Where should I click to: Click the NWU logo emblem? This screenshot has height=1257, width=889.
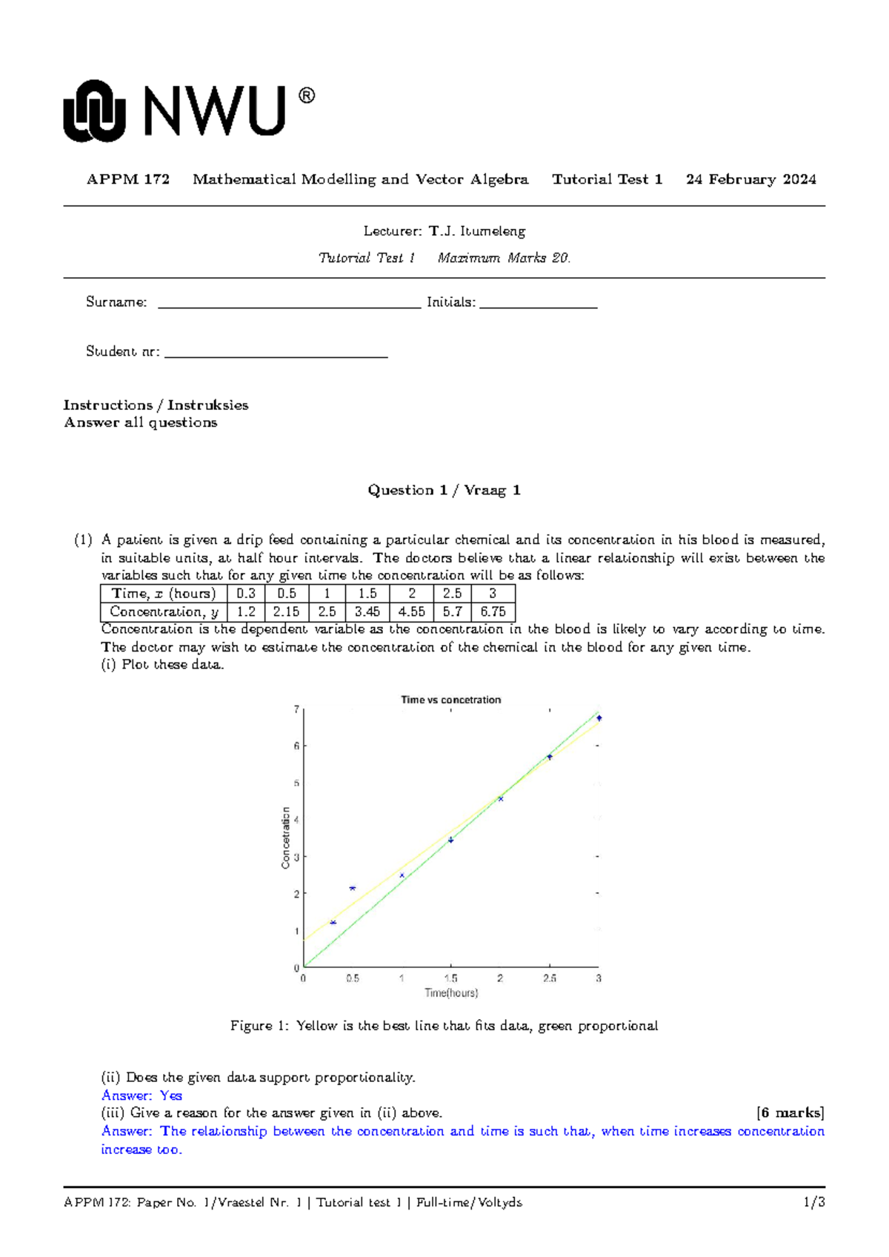(x=94, y=111)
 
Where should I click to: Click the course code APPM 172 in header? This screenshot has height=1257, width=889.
(x=128, y=179)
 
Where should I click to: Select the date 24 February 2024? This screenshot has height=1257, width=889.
(x=750, y=179)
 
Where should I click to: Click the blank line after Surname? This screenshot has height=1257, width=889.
(x=289, y=304)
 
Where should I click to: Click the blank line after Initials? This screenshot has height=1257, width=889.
(x=538, y=304)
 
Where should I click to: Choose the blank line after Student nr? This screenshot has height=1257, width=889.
(x=276, y=354)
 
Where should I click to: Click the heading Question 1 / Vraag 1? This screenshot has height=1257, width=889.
(x=444, y=490)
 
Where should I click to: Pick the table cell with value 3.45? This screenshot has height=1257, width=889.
(x=367, y=612)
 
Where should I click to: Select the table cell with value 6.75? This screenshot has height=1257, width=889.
(x=493, y=612)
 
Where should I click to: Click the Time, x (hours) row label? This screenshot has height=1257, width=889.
(x=164, y=594)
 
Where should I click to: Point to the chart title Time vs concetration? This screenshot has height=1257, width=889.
(x=450, y=700)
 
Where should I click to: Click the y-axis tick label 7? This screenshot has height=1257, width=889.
(x=296, y=710)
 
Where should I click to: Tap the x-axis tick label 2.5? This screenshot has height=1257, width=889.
(x=549, y=978)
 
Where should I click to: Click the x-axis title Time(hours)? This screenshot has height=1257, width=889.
(x=450, y=993)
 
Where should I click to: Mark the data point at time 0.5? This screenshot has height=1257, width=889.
(x=353, y=888)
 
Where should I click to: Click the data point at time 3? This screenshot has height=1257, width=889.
(x=599, y=718)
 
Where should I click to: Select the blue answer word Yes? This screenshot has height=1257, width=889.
(x=171, y=1095)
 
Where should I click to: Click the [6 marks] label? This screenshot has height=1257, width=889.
(x=790, y=1113)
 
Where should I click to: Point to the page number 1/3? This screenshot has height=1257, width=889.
(x=814, y=1202)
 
